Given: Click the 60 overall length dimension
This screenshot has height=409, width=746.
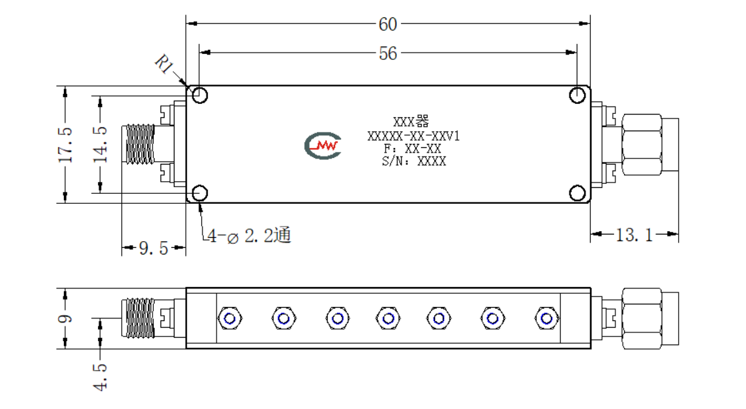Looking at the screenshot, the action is pyautogui.click(x=388, y=24).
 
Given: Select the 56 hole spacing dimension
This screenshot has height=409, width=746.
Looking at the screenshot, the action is pyautogui.click(x=388, y=54).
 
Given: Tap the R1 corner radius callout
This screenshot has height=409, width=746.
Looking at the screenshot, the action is pyautogui.click(x=164, y=64).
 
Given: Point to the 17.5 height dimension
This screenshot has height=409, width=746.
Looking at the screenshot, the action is pyautogui.click(x=65, y=145).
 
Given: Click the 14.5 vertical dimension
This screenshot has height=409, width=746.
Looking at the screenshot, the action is pyautogui.click(x=100, y=145).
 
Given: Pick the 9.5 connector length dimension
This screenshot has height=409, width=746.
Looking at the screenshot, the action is pyautogui.click(x=154, y=248).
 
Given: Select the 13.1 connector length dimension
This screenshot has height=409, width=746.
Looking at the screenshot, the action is pyautogui.click(x=634, y=234).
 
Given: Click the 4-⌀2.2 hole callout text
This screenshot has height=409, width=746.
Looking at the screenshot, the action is pyautogui.click(x=249, y=235).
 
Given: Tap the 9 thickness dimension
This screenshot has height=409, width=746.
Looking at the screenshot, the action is pyautogui.click(x=65, y=318).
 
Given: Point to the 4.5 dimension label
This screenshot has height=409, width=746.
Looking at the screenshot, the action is pyautogui.click(x=100, y=378).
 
